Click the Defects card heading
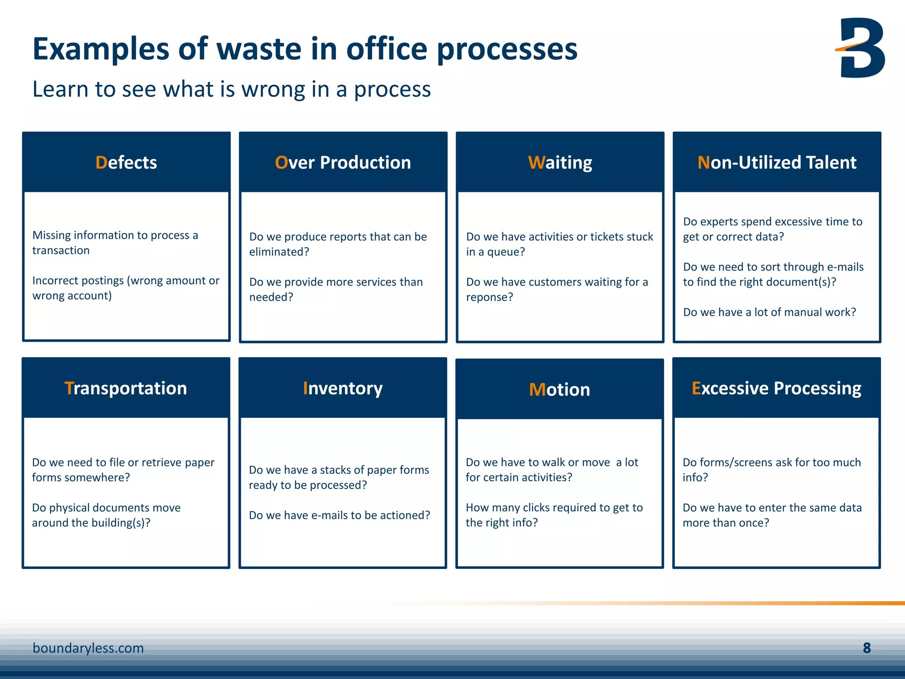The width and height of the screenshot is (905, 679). pyautogui.click(x=126, y=163)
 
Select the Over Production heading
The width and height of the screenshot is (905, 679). pyautogui.click(x=343, y=163)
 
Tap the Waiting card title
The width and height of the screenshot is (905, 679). pyautogui.click(x=560, y=163)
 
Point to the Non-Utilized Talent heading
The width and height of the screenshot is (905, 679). pyautogui.click(x=776, y=163)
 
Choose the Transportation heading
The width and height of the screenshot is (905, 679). pyautogui.click(x=126, y=388)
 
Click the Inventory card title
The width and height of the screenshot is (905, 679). pyautogui.click(x=343, y=388)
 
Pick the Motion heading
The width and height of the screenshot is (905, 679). pyautogui.click(x=559, y=389)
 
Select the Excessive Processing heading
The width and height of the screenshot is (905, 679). pyautogui.click(x=776, y=388)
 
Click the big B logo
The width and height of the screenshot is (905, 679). pyautogui.click(x=862, y=48)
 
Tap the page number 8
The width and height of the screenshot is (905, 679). pyautogui.click(x=867, y=648)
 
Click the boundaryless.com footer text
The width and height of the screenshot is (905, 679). pyautogui.click(x=88, y=648)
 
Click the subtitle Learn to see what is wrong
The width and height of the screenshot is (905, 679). pyautogui.click(x=231, y=89)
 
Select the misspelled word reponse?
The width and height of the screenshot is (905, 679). pyautogui.click(x=489, y=297)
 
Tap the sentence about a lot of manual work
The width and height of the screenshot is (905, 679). pyautogui.click(x=769, y=312)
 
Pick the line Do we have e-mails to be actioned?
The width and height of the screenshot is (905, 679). pyautogui.click(x=339, y=515)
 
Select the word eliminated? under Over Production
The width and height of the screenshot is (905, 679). pyautogui.click(x=279, y=252)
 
